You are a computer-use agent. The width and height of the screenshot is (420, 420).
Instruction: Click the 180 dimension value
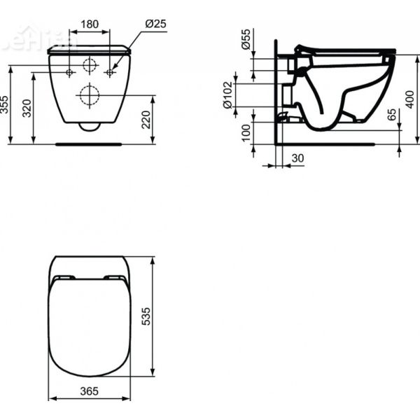[89, 24]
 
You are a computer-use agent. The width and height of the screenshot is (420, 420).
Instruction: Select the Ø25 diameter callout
[155, 24]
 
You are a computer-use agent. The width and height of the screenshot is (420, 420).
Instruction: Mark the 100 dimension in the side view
[246, 132]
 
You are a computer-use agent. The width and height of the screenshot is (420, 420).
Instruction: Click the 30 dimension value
[297, 159]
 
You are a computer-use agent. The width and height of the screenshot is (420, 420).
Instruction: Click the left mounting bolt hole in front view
[70, 73]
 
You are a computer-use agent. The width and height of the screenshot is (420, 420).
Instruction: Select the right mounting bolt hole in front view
[109, 73]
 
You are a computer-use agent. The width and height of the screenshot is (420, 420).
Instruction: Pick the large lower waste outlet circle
[90, 94]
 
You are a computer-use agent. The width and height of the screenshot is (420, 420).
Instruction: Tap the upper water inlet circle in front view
[90, 67]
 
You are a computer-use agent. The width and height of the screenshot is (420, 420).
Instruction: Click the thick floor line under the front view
[90, 144]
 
